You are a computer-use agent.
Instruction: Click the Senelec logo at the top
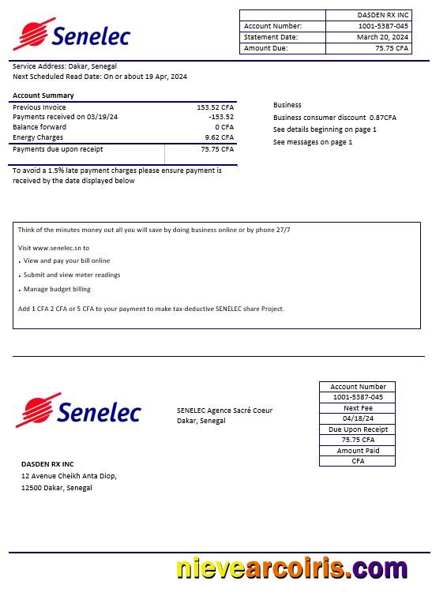[x=71, y=34]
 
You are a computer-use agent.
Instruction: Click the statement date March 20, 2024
[x=382, y=37]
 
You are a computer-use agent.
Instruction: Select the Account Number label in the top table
[x=272, y=26]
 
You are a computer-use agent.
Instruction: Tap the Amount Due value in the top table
[x=392, y=48]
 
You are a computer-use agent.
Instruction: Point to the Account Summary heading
[x=43, y=96]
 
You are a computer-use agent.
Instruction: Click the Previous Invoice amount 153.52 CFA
[x=215, y=107]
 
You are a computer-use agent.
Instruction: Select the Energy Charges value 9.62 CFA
[x=219, y=137]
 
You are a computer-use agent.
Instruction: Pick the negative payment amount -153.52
[x=221, y=117]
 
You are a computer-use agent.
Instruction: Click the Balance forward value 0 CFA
[x=224, y=127]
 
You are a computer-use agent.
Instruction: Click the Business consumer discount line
[x=334, y=118]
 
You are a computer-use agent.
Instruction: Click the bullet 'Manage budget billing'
[x=57, y=290]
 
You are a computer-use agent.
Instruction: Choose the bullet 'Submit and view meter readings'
[x=72, y=276]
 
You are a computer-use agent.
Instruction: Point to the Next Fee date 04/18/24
[x=358, y=418]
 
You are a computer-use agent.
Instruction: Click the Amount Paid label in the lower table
[x=358, y=451]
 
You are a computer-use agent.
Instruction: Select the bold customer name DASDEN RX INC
[x=47, y=464]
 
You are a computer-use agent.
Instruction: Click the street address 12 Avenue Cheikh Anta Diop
[x=69, y=476]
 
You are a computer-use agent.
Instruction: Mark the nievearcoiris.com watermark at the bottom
[x=291, y=569]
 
